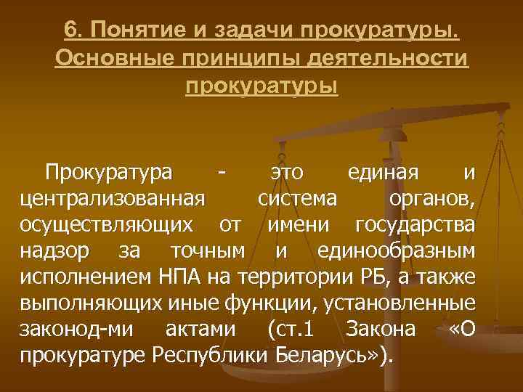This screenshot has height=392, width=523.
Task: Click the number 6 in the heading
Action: point(70,32)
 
